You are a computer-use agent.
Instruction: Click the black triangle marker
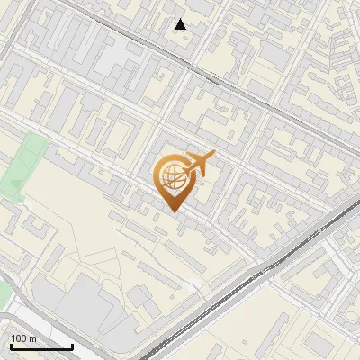pos(181,24)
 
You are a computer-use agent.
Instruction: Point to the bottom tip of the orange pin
pos(171,211)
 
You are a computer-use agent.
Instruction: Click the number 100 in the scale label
pos(18,338)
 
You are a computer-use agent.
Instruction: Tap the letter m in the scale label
pos(32,338)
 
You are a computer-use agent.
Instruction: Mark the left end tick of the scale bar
pos(10,345)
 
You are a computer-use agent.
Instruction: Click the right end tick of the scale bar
pos(72,345)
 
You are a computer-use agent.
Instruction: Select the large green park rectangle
pos(27,162)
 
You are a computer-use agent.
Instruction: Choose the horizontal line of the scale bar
pos(40,346)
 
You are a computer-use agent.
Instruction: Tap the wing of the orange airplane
pos(202,158)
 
